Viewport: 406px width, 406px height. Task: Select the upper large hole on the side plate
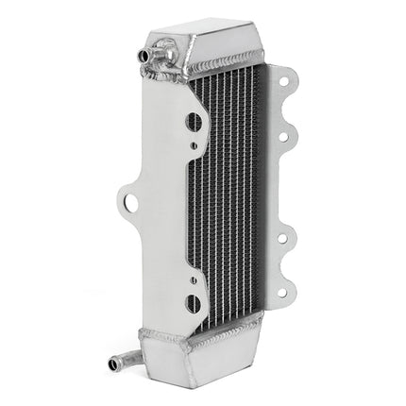(194, 121)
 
